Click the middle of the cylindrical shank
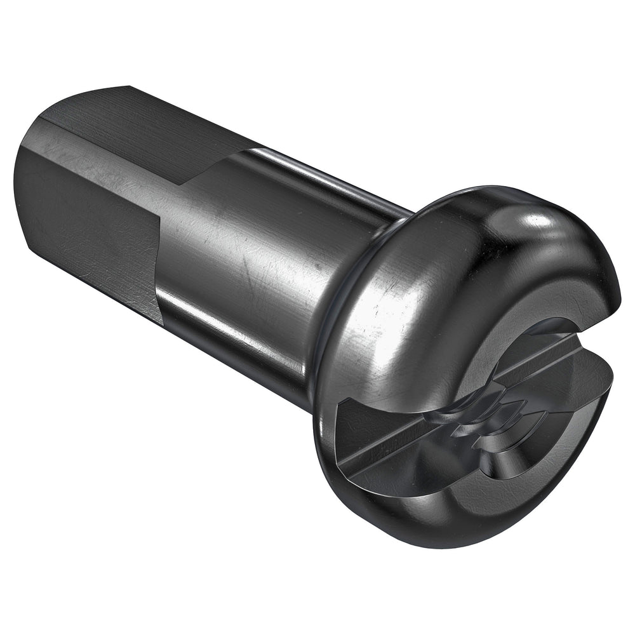[254, 254]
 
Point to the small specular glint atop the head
[540, 219]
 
